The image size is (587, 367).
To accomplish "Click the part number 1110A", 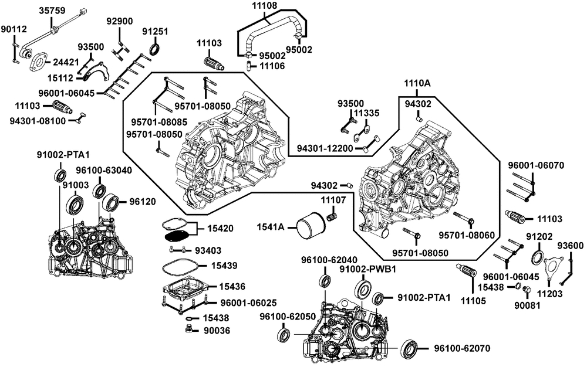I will click(417, 84).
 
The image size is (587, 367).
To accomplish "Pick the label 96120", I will click(143, 202).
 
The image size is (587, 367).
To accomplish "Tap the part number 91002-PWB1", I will click(369, 269).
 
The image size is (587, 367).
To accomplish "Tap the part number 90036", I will click(217, 331).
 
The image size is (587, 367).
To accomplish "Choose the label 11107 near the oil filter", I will click(333, 201).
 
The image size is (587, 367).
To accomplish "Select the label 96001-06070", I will click(537, 165).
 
